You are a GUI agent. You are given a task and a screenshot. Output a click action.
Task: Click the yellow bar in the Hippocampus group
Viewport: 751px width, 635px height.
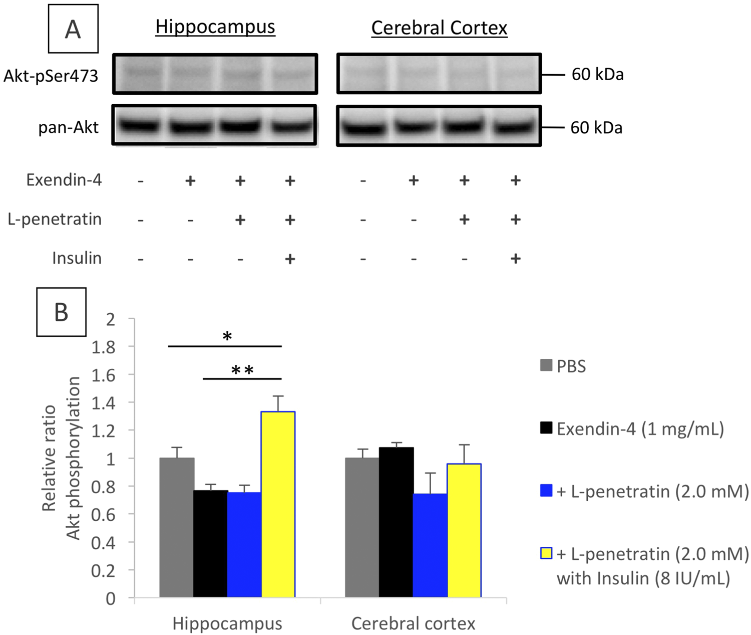coord(278,504)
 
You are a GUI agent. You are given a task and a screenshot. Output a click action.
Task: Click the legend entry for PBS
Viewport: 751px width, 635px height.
coord(563,366)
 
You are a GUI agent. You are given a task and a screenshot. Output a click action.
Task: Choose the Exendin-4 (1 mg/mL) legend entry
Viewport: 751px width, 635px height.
coord(632,429)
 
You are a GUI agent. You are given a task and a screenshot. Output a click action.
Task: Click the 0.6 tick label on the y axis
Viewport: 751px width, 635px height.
coord(103,515)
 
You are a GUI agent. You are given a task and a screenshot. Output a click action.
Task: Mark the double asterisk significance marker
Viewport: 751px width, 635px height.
coord(242,371)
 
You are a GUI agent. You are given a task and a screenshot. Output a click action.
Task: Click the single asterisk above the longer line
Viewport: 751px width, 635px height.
coord(227,337)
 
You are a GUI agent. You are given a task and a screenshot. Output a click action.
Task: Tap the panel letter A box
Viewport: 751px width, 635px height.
coord(73,29)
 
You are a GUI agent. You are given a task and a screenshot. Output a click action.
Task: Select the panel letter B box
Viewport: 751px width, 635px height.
coord(61,312)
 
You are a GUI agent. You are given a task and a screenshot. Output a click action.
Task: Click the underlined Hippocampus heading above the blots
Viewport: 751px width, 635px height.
coord(215,27)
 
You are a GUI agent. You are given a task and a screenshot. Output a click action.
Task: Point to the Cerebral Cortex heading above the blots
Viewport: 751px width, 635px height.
coord(439,28)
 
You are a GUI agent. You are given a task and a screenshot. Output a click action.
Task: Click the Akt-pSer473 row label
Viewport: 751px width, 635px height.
coord(51,76)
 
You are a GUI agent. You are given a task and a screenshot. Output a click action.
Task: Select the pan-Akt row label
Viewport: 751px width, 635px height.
coord(69,127)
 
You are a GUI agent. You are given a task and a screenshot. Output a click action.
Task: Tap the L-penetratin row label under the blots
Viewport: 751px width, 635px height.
coord(55,219)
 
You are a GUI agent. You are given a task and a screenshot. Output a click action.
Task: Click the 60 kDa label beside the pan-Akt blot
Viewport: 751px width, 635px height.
coord(596,128)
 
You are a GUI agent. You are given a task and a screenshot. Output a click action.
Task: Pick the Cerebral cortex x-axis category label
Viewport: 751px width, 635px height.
coord(413,623)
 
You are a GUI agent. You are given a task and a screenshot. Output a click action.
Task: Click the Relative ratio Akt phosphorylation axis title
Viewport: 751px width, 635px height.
coord(61,458)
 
